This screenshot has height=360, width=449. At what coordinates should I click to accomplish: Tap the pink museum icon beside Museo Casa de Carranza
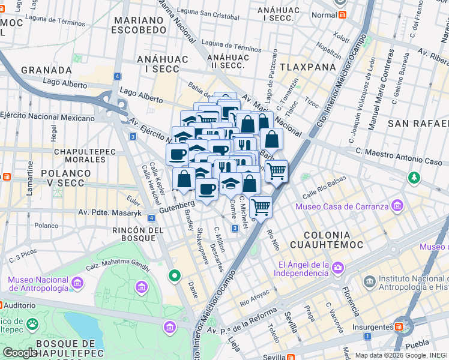(397, 207)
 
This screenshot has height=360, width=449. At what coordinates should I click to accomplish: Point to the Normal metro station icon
(342, 15)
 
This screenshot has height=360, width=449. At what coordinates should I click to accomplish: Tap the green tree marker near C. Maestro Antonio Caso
(414, 178)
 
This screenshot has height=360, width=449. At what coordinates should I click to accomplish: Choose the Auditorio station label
(19, 305)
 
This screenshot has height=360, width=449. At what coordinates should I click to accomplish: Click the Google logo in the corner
(20, 353)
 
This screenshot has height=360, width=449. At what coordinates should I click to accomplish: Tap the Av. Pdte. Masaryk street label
(110, 212)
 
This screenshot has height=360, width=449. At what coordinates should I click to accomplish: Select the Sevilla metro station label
(274, 357)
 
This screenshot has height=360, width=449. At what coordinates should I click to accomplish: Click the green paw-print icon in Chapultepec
(32, 325)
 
